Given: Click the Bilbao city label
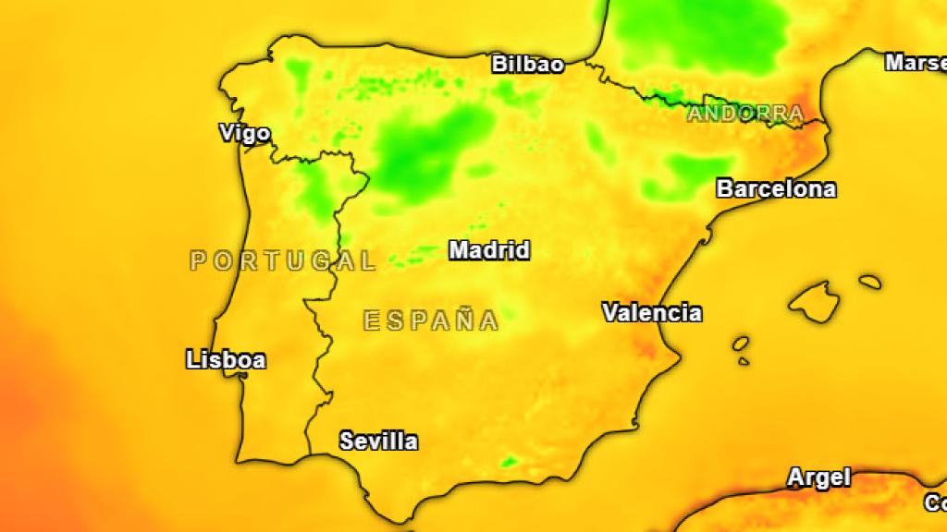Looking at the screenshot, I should click(527, 65).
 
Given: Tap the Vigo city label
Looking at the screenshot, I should click(245, 134).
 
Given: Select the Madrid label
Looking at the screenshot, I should click(489, 250).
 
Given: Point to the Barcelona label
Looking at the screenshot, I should click(776, 189).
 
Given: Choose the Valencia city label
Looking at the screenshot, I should click(652, 313).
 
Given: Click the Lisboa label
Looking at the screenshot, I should click(226, 360).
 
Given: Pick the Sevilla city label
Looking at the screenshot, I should click(378, 441).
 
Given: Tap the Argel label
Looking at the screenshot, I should click(818, 478).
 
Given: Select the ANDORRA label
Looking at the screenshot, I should click(744, 115).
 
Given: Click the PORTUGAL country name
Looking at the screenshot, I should click(283, 261).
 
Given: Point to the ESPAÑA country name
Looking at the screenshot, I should click(431, 321).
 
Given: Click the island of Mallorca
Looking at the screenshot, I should click(815, 301).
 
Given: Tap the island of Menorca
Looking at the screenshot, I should click(869, 282).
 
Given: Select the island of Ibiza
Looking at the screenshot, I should click(741, 344).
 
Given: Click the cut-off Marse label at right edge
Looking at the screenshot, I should click(916, 63).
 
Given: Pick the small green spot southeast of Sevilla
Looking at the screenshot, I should click(509, 460).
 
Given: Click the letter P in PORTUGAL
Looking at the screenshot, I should click(198, 261).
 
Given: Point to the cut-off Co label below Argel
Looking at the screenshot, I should click(935, 504).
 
